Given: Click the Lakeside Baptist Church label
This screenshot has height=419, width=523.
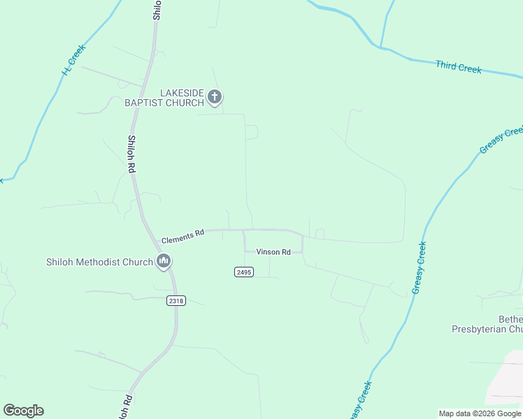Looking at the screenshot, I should pos(164,97).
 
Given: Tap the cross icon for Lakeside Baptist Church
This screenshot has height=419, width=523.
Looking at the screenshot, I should pos(215,97).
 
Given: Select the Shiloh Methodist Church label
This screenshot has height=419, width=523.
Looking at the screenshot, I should pos(99,263).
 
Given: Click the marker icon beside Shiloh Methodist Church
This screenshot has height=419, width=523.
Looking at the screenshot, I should pos(164,262).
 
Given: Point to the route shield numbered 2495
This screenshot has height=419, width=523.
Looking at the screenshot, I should pos(243,272).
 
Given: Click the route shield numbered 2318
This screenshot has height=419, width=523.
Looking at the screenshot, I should pos(176,300).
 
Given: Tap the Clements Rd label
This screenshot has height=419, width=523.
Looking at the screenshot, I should pos(182,236).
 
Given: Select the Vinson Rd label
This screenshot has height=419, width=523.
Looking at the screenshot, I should pos(273,252).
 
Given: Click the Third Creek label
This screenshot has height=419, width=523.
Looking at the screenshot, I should pos(458,67).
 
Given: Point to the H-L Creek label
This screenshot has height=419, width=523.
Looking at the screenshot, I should pos(73,61).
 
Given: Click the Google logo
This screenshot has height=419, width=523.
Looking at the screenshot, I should pos(23,411).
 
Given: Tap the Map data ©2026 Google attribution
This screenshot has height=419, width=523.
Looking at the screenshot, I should pos(480,413).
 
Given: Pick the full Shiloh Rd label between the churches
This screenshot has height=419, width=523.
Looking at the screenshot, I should pos(131,154).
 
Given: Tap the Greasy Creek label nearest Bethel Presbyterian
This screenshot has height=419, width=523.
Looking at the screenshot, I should pos(420,267).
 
